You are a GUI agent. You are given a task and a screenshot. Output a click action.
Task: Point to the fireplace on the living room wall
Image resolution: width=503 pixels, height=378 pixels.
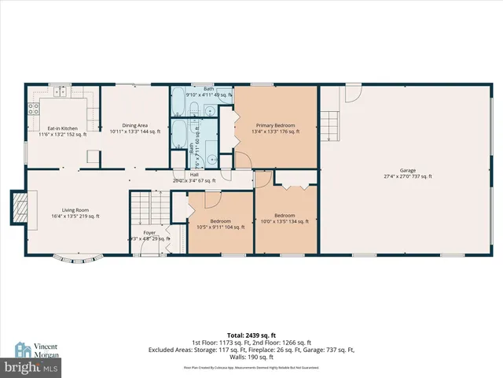pyautogui.click(x=17, y=207)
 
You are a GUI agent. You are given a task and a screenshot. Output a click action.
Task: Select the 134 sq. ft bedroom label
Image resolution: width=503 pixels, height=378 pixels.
pyautogui.click(x=285, y=218)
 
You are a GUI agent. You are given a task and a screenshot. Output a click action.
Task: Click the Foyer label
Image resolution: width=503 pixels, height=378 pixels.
pyautogui.click(x=149, y=235)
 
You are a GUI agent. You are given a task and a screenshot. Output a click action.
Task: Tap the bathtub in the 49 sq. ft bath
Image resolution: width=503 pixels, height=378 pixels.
pyautogui.click(x=179, y=102)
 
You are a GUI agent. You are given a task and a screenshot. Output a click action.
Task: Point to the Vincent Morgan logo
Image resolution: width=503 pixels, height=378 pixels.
pyautogui.click(x=34, y=350)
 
